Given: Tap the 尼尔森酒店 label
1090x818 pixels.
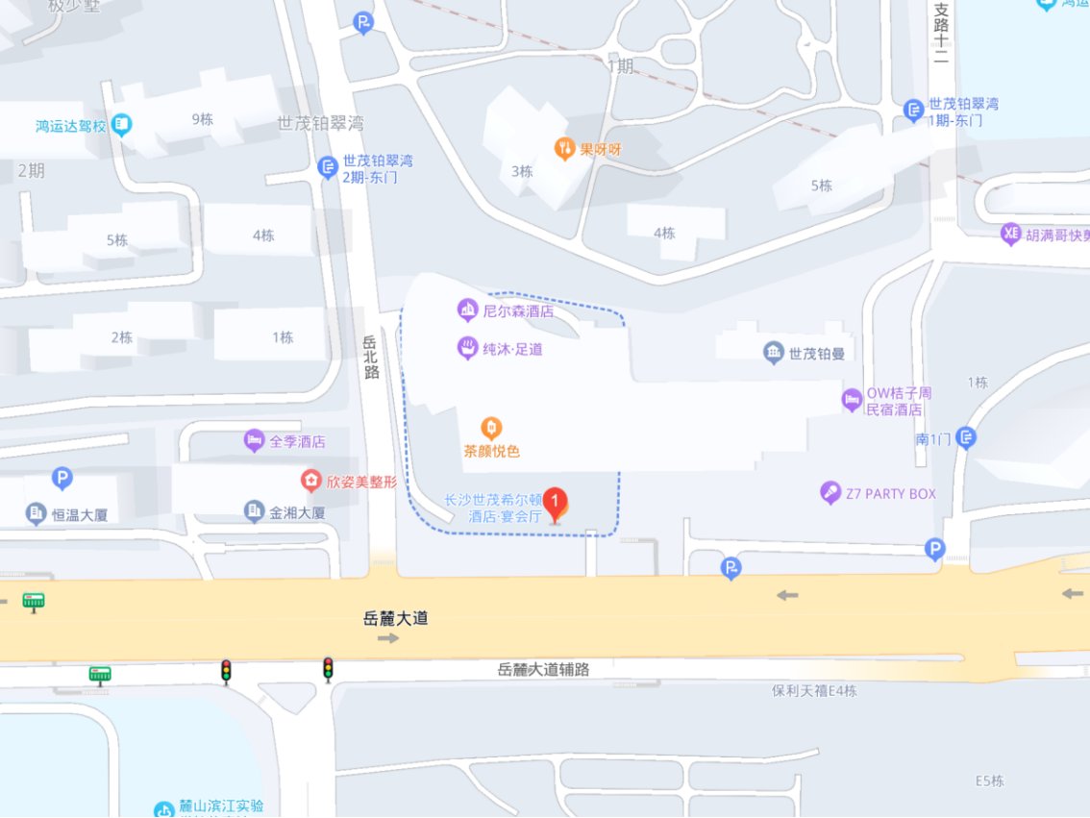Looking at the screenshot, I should [518, 310].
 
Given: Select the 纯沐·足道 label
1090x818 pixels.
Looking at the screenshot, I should [513, 349].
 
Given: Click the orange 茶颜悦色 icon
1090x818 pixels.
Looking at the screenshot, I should [491, 427].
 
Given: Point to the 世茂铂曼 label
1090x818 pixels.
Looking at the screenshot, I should [816, 354].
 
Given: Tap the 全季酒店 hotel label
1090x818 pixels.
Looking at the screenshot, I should [296, 442].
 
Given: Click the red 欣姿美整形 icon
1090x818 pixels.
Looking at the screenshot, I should [310, 479].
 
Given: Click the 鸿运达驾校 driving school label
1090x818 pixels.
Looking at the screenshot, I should [70, 126].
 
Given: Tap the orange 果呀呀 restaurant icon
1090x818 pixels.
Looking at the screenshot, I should [564, 148].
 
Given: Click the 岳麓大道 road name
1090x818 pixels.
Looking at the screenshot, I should [396, 618].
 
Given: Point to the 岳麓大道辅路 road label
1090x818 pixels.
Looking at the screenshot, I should [543, 669].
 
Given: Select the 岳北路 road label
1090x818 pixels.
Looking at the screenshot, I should [372, 357].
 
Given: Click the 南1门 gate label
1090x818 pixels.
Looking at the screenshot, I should [933, 439].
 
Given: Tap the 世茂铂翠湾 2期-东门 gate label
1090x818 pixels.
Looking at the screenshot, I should [378, 169].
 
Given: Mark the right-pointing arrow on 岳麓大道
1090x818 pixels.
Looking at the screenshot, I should [388, 638].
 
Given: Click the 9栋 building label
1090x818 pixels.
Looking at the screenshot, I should [202, 119].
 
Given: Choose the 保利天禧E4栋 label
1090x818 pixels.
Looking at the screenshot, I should [814, 690].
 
